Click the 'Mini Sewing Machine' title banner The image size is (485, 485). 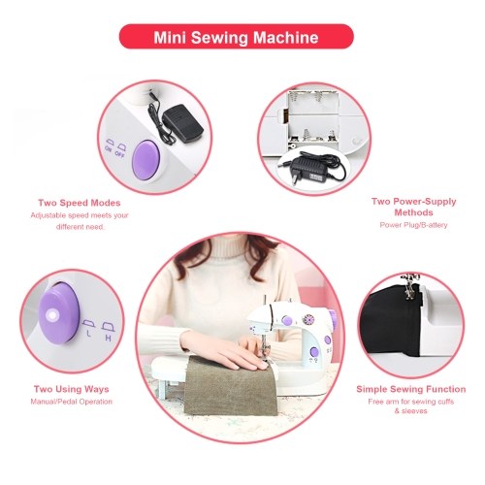tap(237, 37)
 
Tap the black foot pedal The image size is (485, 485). tap(182, 124)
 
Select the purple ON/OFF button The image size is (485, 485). tap(146, 160)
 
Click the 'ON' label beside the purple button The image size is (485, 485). tap(109, 149)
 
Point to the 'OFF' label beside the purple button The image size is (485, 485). tap(119, 154)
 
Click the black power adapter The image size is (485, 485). tap(309, 167)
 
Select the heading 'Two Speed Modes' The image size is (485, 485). tap(80, 203)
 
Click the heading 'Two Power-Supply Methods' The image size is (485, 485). tap(413, 207)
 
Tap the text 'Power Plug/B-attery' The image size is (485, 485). tap(413, 225)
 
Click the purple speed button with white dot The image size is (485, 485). tap(59, 313)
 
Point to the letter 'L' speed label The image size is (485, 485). tap(88, 334)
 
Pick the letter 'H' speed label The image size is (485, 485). tap(109, 339)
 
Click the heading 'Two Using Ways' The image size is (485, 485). tap(71, 389)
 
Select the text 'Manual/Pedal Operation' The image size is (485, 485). tap(72, 402)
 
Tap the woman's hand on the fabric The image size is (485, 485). tap(226, 351)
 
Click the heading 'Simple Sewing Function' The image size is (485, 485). tap(411, 389)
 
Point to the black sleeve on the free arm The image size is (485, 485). tap(392, 322)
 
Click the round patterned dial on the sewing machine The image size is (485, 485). tap(308, 320)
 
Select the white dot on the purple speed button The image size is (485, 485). tap(51, 315)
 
